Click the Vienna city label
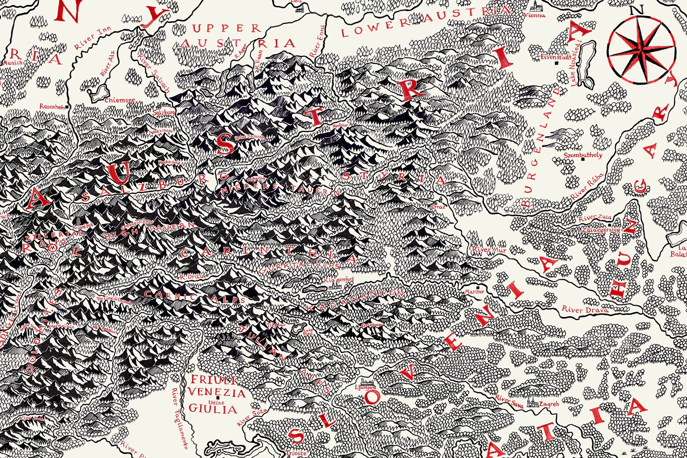[534, 15]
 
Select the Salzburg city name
[163, 112]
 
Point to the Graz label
[438, 207]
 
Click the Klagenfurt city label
[339, 280]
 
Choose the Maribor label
[475, 292]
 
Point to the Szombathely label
[583, 155]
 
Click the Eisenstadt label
[556, 57]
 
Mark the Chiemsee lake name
[120, 100]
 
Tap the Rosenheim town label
[52, 107]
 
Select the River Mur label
[489, 249]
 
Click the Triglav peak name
[275, 325]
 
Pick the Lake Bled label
[308, 332]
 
